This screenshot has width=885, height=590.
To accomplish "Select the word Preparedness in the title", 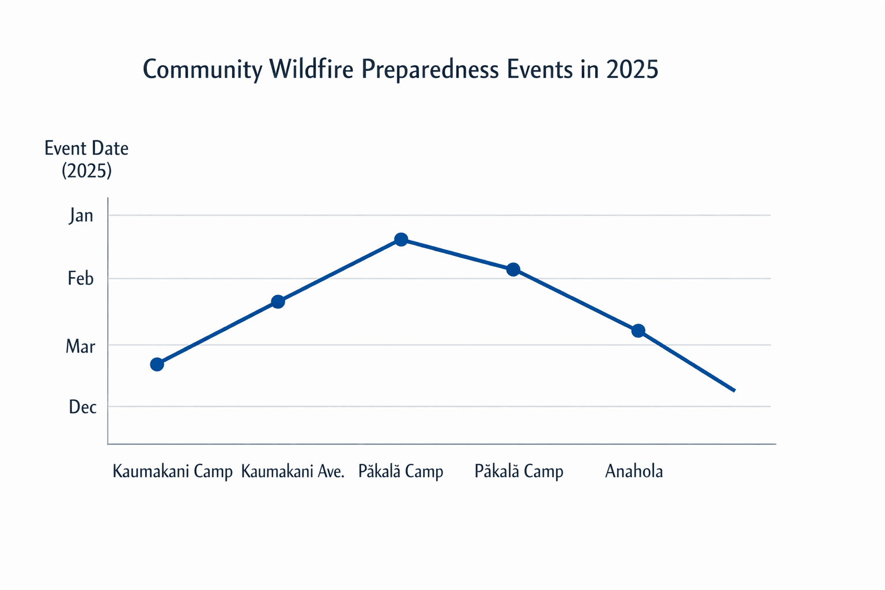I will click(x=430, y=70).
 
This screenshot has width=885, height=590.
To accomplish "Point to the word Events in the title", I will click(x=540, y=70).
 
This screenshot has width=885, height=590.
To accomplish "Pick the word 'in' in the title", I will click(x=590, y=70).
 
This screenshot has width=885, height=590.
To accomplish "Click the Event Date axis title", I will click(x=86, y=149).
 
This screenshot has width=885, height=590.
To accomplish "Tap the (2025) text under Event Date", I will click(x=86, y=171).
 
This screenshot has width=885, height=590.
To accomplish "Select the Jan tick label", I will click(x=81, y=215).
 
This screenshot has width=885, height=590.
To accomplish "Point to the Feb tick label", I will click(x=81, y=279).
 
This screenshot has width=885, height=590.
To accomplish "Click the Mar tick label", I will click(x=81, y=346).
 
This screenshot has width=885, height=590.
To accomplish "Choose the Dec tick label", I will click(x=82, y=407).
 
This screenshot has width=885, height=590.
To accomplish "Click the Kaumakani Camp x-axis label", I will click(x=172, y=472).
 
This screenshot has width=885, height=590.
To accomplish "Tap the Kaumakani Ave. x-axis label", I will click(x=293, y=472).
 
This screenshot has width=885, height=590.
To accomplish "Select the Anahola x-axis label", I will click(x=634, y=472).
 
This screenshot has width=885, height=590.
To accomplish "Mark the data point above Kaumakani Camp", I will click(x=157, y=364).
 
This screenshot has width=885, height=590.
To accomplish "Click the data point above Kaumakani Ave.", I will click(x=278, y=301).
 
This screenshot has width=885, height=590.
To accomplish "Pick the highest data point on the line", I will click(x=401, y=239).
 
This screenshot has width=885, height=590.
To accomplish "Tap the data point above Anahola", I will click(x=638, y=331).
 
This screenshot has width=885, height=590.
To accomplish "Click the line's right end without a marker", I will click(x=734, y=391).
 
